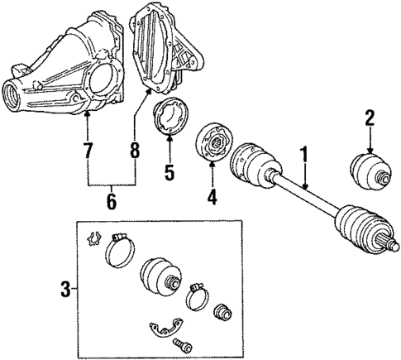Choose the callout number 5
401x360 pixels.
click(169, 175)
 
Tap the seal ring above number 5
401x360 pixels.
click(173, 122)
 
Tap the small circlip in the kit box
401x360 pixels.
click(93, 240)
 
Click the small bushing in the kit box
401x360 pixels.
click(222, 314)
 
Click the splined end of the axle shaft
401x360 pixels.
click(389, 242)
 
